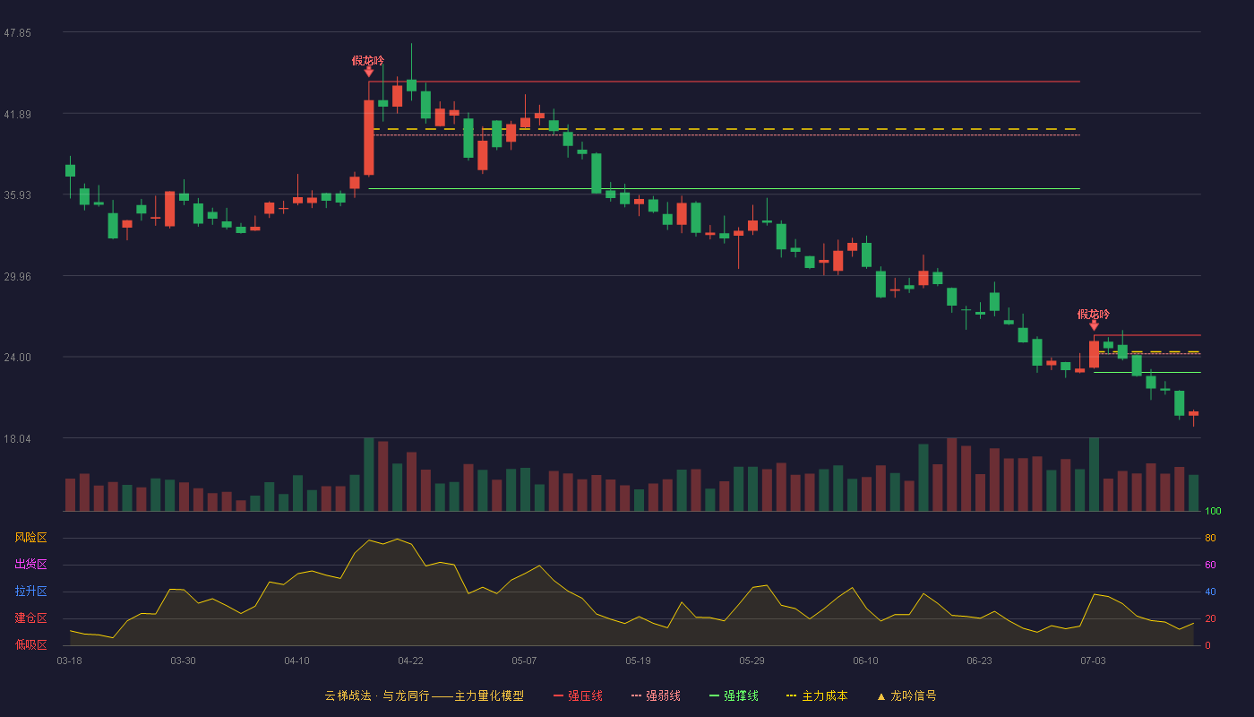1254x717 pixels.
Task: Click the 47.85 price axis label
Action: point(17,33)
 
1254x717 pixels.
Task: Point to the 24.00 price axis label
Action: point(17,358)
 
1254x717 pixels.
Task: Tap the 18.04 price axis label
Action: point(17,438)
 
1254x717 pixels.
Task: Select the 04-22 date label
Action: point(410,661)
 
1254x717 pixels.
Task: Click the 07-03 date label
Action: point(1093,661)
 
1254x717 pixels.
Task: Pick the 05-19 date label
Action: point(638,661)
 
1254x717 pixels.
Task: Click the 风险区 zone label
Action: point(30,538)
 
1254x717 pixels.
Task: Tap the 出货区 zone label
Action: point(30,564)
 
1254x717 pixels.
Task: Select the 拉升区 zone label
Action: point(30,591)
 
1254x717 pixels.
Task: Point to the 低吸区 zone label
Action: point(30,644)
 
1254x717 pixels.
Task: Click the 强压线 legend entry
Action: point(578,695)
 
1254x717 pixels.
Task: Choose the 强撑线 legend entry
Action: point(734,695)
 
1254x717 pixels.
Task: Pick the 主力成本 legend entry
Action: point(817,695)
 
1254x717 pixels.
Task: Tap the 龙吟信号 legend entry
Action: point(906,695)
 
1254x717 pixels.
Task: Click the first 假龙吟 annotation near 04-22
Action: point(368,61)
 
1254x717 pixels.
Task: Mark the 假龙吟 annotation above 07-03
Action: point(1094,315)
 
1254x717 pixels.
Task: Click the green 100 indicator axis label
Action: point(1213,511)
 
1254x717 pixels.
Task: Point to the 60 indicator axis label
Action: point(1210,565)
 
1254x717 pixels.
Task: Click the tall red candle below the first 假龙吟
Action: point(369,138)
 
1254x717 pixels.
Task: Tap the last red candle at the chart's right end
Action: point(1193,413)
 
